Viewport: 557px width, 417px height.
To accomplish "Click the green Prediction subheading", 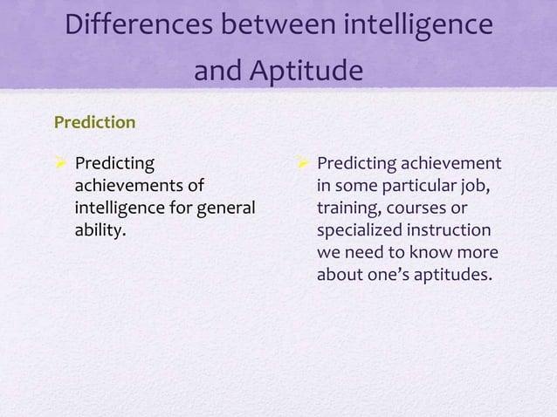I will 94,122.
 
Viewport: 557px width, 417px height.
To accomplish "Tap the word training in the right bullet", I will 348,208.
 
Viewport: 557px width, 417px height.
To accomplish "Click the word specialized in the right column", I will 360,231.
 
